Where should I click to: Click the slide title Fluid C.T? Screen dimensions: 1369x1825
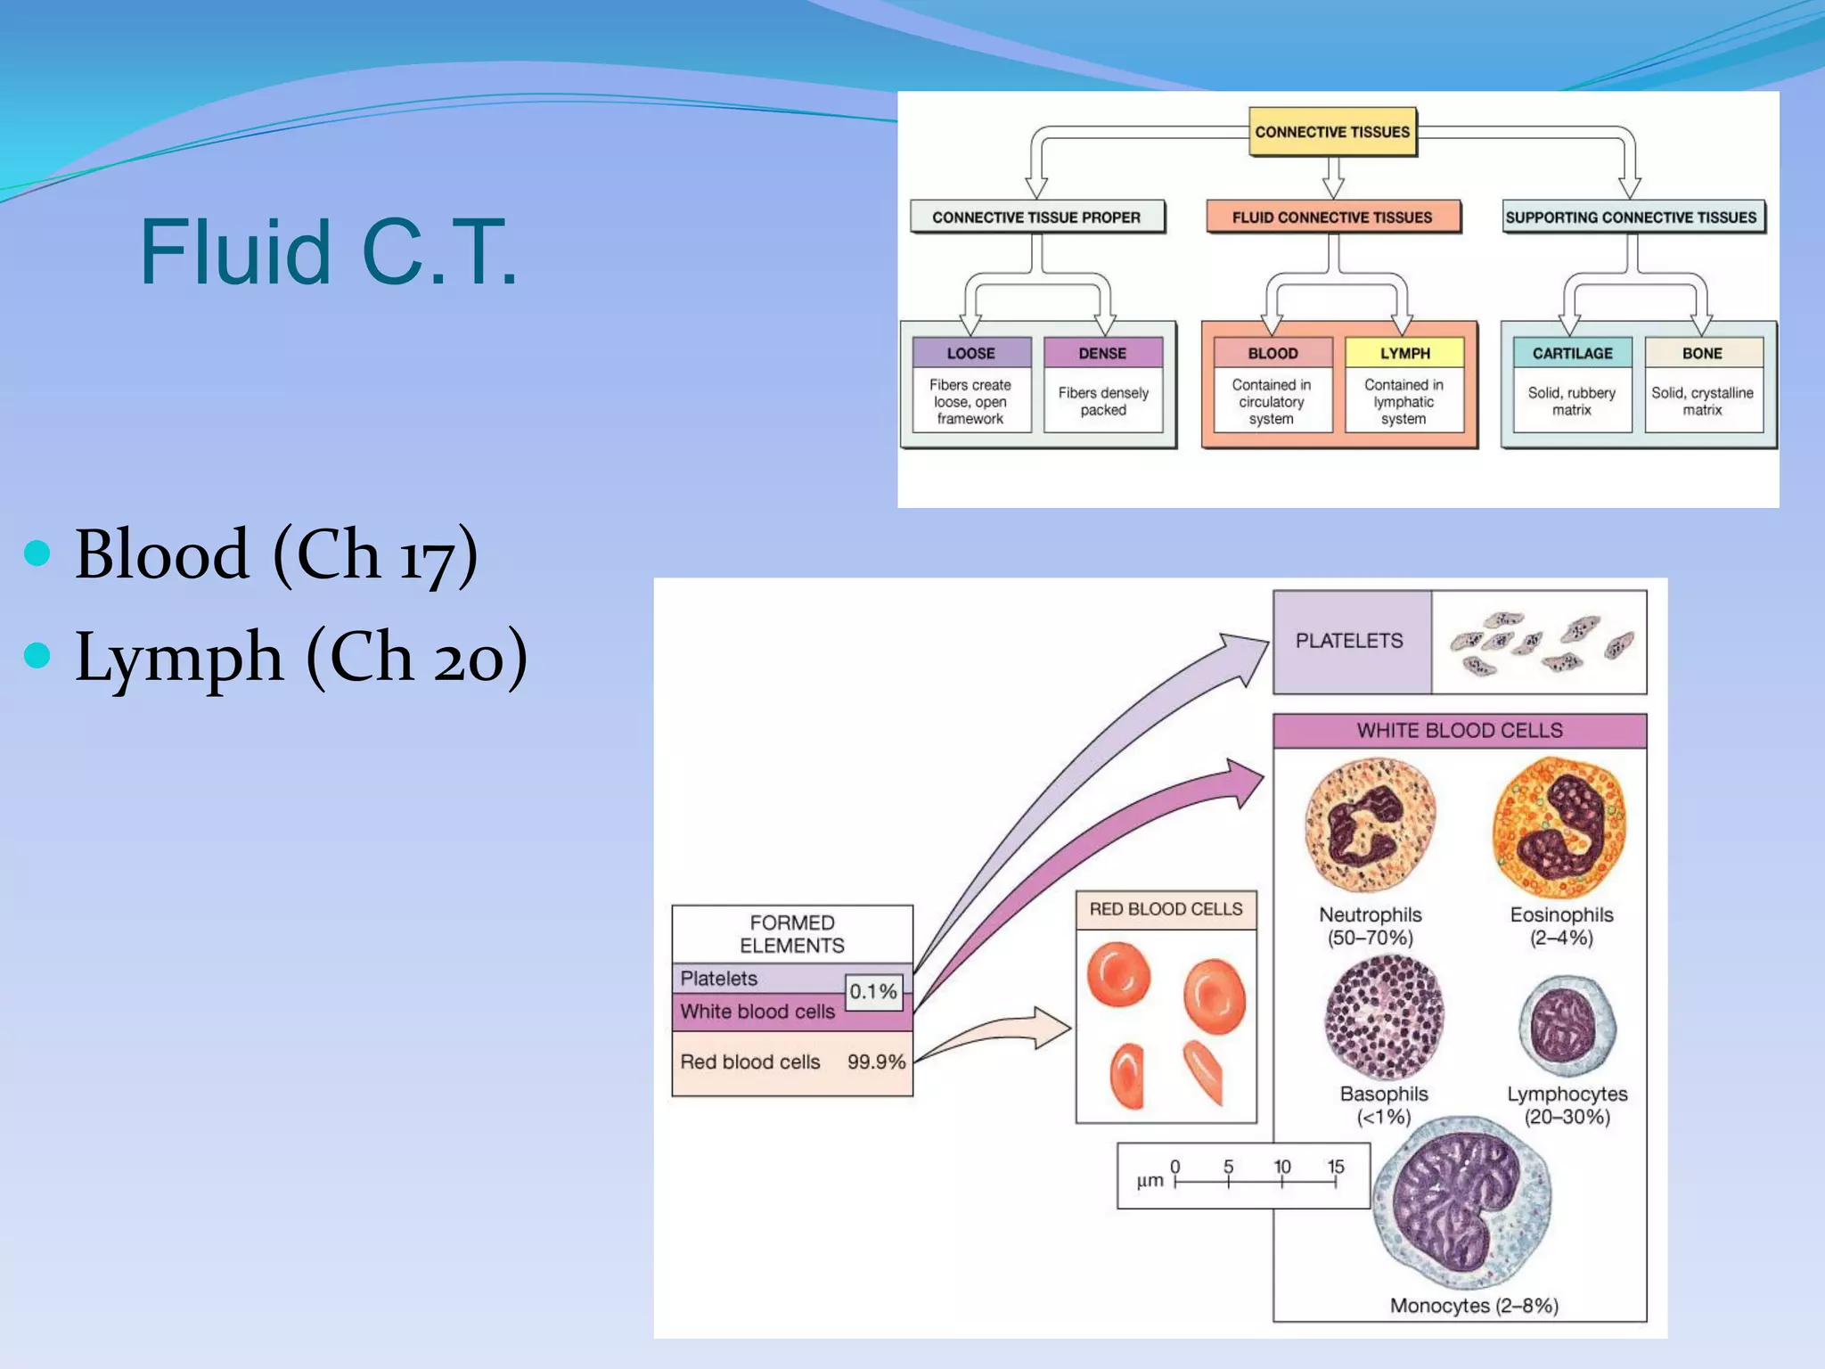pos(328,253)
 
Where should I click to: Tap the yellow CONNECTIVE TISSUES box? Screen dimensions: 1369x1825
pos(1332,132)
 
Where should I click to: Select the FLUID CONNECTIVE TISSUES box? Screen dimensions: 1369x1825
pos(1332,217)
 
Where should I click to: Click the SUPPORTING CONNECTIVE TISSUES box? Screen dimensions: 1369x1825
pos(1631,217)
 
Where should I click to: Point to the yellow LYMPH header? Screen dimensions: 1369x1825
pos(1404,353)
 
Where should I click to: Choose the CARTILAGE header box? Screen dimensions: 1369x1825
pos(1572,353)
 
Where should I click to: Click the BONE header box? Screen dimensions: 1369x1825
pos(1702,353)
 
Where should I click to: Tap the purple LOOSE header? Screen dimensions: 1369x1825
pos(970,353)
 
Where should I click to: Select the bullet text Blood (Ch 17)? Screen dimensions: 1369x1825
pos(276,554)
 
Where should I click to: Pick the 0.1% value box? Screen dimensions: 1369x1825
pos(872,991)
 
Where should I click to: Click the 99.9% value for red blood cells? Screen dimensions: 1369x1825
pos(876,1062)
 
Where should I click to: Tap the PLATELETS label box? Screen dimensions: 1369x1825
pos(1350,641)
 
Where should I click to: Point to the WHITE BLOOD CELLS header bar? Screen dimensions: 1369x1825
pos(1460,731)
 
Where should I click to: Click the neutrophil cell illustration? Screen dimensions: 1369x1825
pos(1370,825)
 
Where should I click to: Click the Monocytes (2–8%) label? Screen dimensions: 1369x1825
pos(1474,1306)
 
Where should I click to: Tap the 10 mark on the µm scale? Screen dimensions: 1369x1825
pos(1281,1168)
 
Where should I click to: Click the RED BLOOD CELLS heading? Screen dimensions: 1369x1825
pos(1166,909)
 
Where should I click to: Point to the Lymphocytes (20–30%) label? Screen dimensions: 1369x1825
pos(1567,1105)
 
